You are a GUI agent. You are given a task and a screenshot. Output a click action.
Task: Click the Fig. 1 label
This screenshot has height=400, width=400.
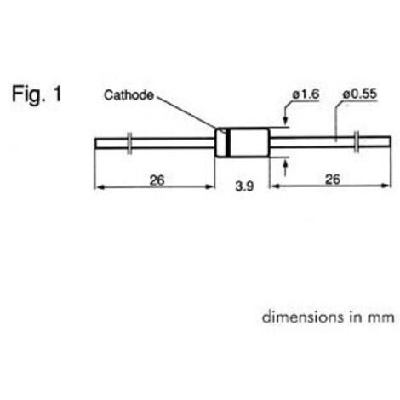click(x=37, y=94)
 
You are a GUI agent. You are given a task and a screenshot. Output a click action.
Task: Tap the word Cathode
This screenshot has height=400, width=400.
click(x=129, y=95)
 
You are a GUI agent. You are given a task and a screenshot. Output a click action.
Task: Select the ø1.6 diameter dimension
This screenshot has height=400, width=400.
click(x=306, y=94)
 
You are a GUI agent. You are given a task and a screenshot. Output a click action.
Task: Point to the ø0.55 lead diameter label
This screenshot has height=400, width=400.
click(x=360, y=94)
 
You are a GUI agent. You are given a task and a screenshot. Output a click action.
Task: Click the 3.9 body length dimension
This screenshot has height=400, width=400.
click(x=244, y=186)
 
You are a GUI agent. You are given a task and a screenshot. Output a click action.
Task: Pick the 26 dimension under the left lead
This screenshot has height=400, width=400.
click(x=157, y=180)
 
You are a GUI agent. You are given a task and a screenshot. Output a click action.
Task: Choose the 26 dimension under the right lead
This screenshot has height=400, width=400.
click(x=333, y=180)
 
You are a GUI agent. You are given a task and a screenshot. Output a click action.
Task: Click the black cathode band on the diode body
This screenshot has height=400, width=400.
click(x=228, y=143)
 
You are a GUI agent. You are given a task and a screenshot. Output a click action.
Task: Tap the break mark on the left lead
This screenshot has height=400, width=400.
click(x=129, y=143)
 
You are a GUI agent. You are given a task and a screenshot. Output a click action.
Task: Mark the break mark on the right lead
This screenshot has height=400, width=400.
click(x=357, y=141)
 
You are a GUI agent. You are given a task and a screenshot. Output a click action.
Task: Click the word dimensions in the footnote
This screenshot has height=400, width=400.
click(x=302, y=317)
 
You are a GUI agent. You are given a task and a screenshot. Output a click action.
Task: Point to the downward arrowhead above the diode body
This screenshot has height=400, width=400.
click(x=285, y=120)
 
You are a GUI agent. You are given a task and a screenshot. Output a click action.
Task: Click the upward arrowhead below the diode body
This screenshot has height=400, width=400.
click(x=285, y=164)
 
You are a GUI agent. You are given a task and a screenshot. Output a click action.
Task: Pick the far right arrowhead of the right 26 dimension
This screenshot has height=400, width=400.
click(x=386, y=186)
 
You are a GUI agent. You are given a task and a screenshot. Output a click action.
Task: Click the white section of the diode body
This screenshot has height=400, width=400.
click(x=249, y=143)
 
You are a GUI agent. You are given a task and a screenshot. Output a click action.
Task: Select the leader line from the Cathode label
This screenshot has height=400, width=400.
click(x=186, y=112)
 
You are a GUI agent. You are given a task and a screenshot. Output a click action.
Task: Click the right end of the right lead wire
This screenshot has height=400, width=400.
click(x=390, y=141)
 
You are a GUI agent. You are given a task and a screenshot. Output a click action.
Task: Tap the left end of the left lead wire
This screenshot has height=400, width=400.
click(x=95, y=143)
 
